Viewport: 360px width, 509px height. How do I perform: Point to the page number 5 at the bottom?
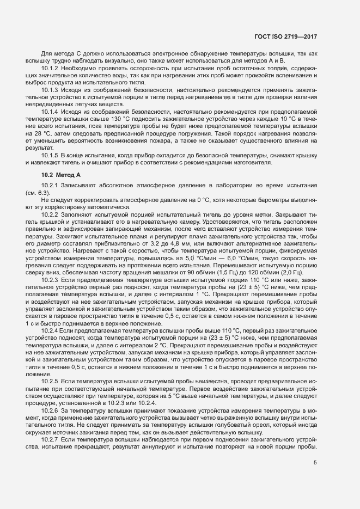[x=315, y=463]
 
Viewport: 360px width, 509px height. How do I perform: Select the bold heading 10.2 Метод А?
[x=60, y=175]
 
